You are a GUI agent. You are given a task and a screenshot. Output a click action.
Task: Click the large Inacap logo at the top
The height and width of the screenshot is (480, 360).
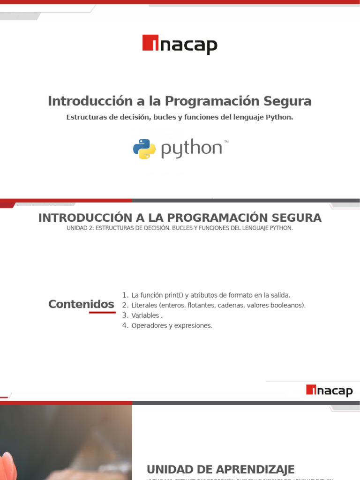(x=180, y=45)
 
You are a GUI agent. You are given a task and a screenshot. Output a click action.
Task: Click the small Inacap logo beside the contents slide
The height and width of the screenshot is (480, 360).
(x=329, y=390)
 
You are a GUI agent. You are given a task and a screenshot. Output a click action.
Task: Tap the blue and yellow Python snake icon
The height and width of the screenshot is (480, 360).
(x=144, y=149)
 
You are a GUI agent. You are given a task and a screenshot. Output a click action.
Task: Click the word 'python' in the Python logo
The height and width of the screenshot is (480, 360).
(x=191, y=149)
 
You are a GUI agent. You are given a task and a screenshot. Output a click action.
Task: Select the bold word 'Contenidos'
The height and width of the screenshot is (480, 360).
(x=81, y=304)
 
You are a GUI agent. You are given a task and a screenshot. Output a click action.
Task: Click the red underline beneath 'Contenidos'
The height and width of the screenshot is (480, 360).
(x=102, y=312)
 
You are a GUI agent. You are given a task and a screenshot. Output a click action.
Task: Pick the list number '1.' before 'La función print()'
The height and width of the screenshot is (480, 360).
(x=125, y=295)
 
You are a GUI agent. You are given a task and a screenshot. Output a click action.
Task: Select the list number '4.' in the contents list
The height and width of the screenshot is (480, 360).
(x=125, y=325)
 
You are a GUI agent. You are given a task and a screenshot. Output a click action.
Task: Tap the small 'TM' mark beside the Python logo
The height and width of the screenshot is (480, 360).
(x=226, y=141)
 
